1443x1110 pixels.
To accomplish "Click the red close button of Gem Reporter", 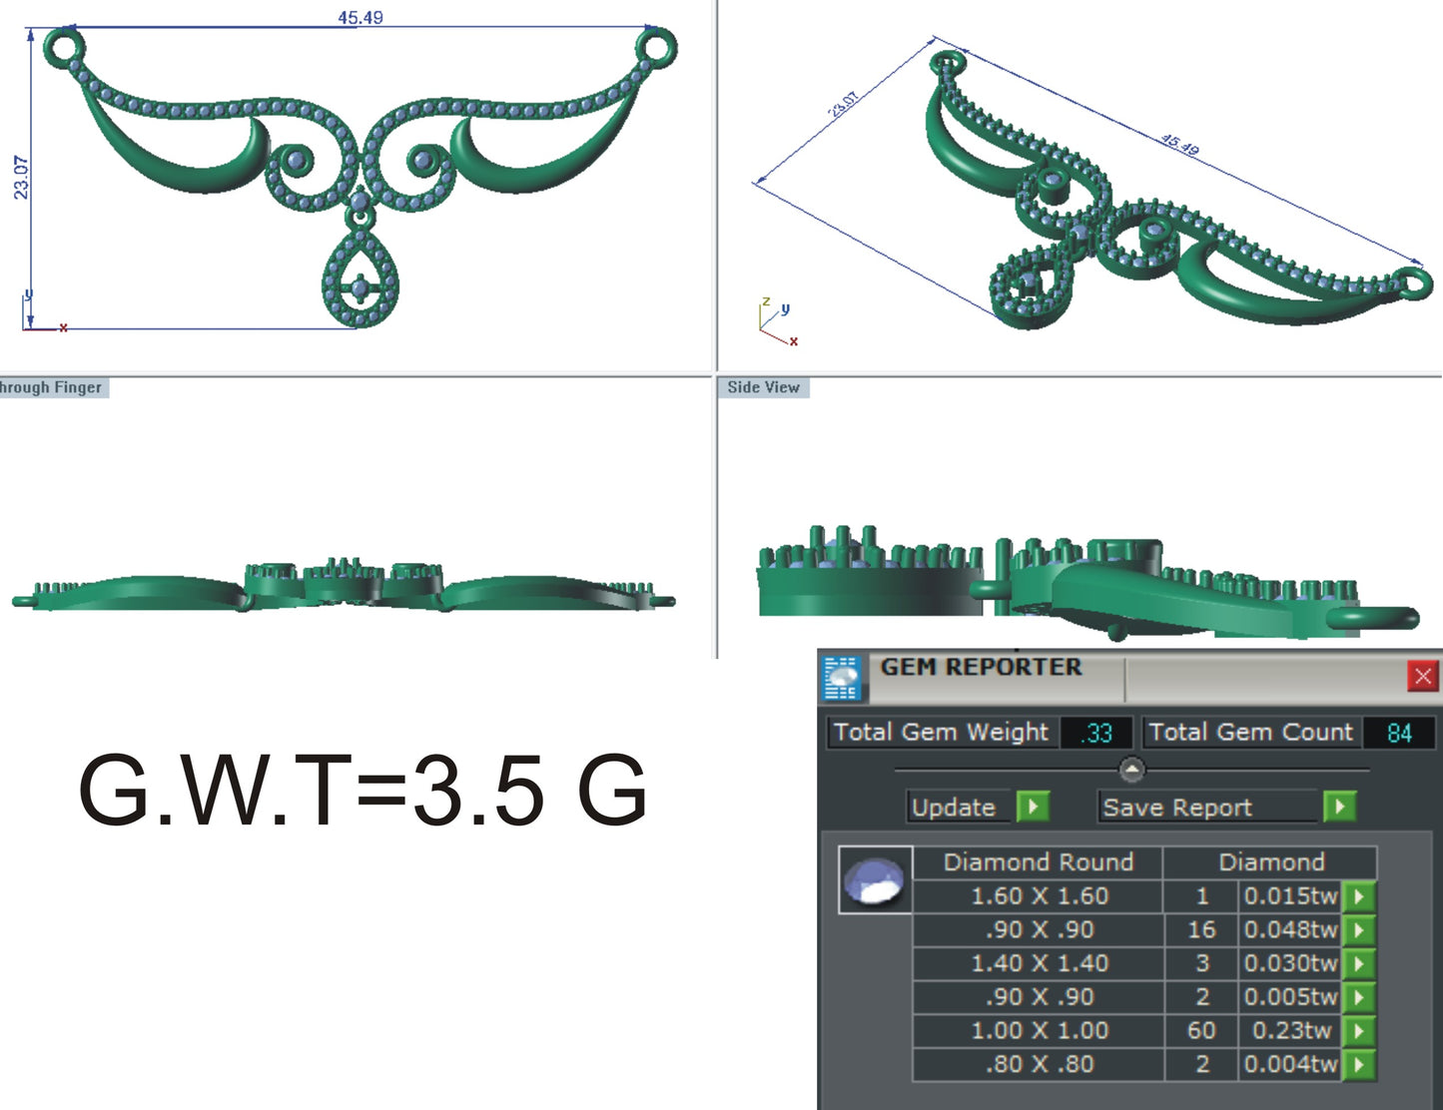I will (1422, 677).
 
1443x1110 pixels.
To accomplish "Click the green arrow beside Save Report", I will (1339, 806).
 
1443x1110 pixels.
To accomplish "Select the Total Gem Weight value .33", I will (1096, 733).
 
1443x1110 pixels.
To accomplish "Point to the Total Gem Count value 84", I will (1399, 733).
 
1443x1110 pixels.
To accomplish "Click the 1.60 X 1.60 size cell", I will (1039, 896).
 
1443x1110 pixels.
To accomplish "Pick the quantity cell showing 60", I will (1201, 1030).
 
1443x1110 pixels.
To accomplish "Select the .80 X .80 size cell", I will (1039, 1064).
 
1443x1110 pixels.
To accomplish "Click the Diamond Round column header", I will (1038, 862).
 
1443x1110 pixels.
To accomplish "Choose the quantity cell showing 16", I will (1201, 930).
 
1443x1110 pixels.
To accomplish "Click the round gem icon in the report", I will (875, 881).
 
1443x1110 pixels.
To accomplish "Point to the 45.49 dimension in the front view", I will (360, 17).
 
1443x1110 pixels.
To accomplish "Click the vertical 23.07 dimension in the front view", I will (21, 177).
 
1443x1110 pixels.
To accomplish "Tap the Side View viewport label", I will (763, 387).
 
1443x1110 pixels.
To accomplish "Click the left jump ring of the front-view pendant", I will (63, 47).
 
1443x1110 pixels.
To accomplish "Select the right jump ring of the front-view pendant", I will (657, 47).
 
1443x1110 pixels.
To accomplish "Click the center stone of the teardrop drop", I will (360, 289).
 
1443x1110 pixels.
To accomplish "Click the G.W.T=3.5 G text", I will (362, 791).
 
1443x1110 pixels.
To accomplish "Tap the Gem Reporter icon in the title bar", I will (842, 678).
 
